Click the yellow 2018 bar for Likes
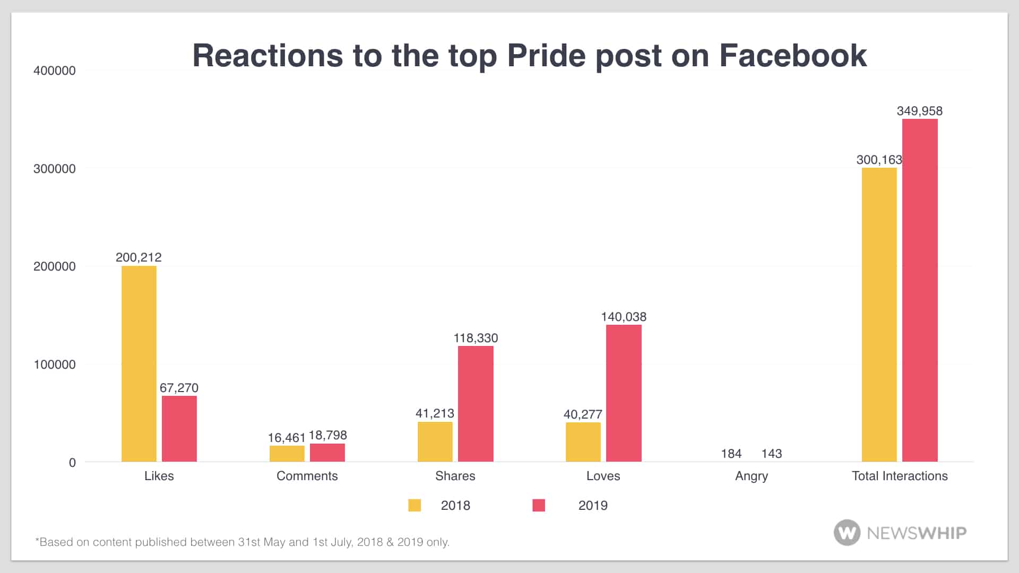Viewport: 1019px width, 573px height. pos(139,363)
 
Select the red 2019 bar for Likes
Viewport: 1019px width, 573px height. pos(179,429)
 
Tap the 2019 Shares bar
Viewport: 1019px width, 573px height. pos(476,404)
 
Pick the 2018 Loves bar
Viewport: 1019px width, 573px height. pos(583,442)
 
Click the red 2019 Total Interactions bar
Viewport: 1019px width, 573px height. pos(920,290)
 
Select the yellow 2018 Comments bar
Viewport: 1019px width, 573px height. pos(287,454)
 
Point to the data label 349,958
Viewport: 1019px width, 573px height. pos(920,111)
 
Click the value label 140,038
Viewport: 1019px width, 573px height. pos(624,317)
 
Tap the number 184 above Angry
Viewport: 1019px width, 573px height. pos(731,454)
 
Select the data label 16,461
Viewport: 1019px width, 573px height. pos(287,438)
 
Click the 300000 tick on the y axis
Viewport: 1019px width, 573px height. pos(55,169)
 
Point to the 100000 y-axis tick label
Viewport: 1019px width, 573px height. pos(55,364)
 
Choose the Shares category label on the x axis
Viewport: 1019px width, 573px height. pos(455,476)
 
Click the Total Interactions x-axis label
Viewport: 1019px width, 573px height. pos(900,476)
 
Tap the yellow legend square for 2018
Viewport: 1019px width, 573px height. pos(414,505)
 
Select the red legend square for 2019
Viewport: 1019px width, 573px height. pos(539,505)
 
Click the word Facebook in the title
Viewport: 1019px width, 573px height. pos(793,55)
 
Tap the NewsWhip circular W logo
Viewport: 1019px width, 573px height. pos(847,532)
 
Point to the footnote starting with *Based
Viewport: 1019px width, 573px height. pos(242,542)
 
